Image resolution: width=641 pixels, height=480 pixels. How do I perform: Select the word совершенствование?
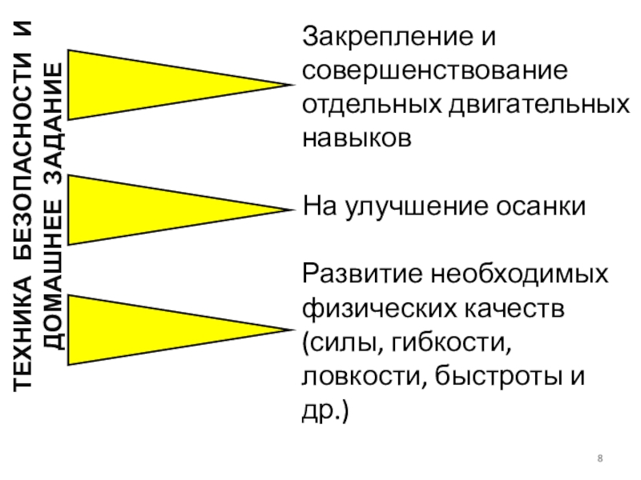pos(435,70)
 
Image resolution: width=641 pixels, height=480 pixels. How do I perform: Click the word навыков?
pos(357,138)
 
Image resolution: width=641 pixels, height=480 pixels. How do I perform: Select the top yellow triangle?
pos(144,84)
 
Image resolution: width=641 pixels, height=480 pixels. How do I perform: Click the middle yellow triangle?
pos(144,210)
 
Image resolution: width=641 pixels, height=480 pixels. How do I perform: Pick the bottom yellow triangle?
pos(144,330)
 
